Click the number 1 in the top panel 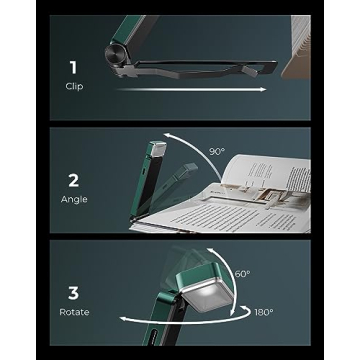click(71, 68)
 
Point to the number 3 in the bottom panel click(71, 294)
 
